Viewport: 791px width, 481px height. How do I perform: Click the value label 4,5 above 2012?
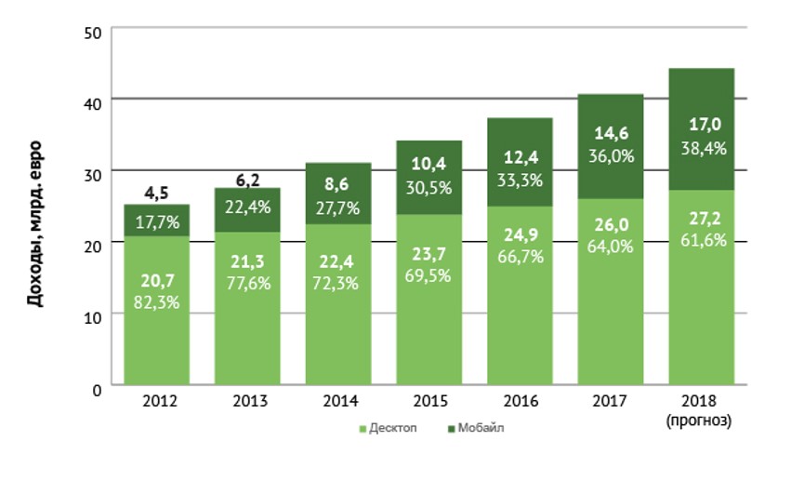156,194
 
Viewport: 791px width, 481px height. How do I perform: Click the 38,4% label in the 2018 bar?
702,147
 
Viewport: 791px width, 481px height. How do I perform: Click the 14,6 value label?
611,135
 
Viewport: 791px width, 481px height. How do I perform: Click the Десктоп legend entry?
389,428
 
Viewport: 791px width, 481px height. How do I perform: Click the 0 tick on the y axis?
97,387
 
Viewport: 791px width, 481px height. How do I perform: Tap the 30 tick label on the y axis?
92,172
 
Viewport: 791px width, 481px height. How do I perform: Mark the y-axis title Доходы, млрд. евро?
35,223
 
